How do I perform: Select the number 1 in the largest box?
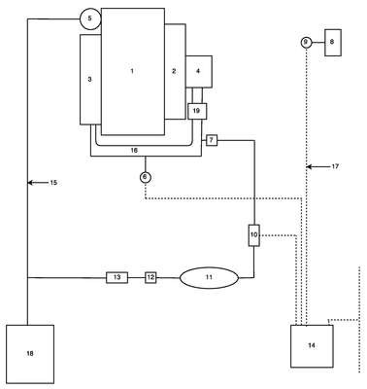132,71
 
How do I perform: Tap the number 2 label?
174,71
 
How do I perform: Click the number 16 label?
134,151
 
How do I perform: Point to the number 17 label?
335,166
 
